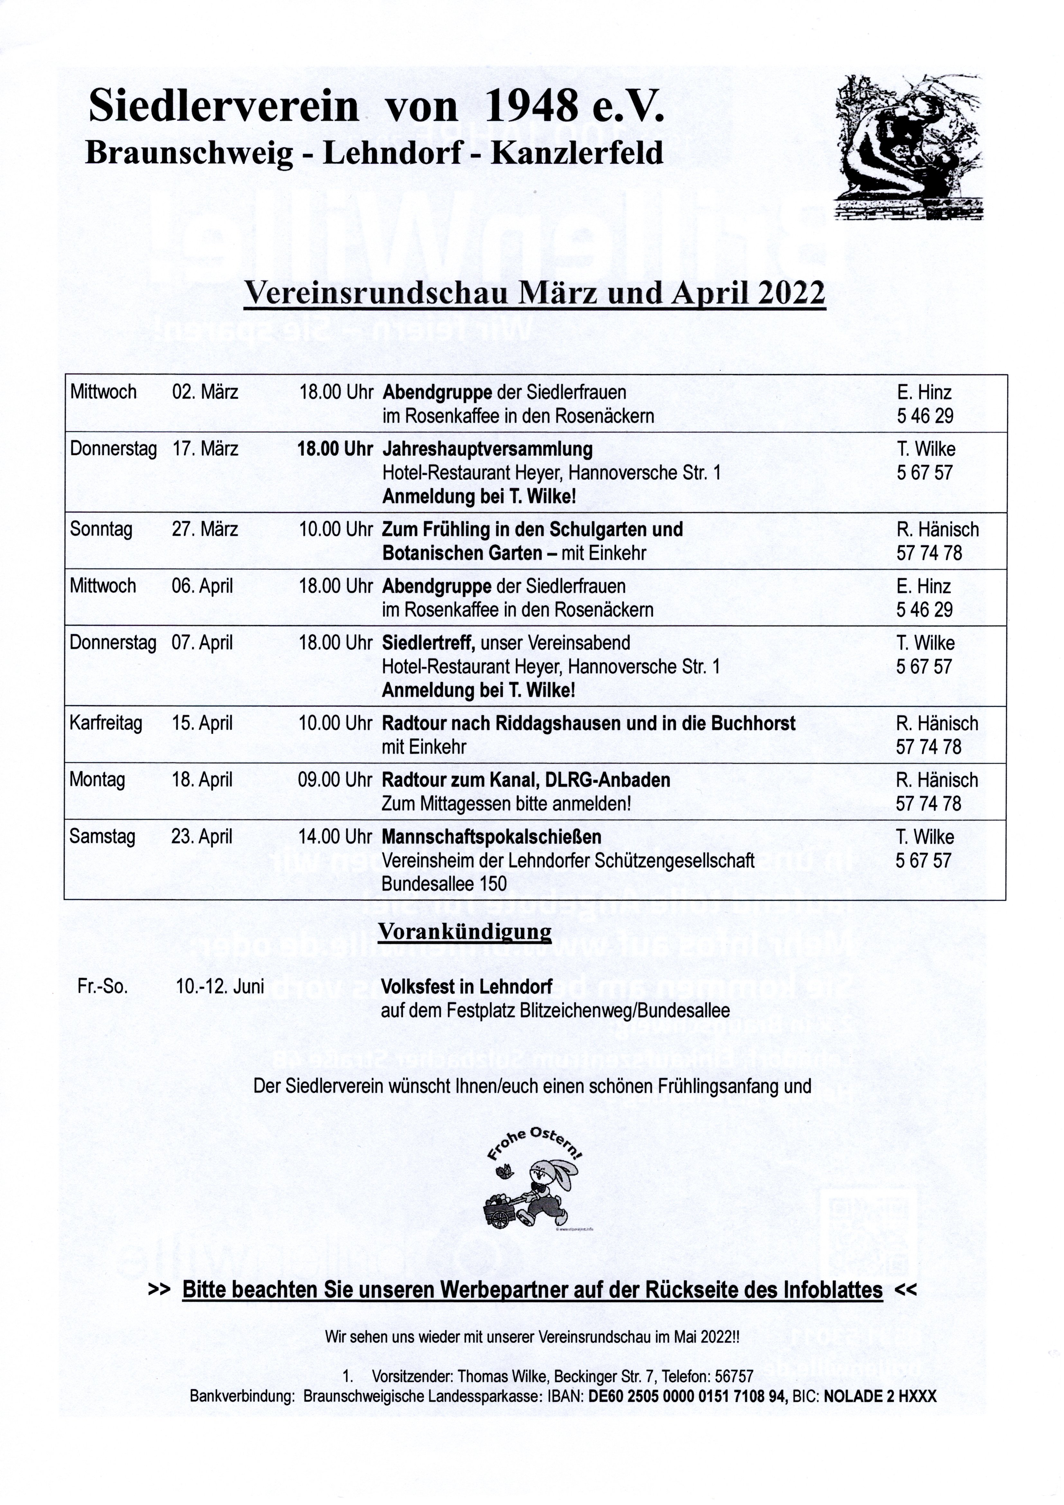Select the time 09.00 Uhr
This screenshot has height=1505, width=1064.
coord(335,780)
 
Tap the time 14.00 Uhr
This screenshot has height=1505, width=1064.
coord(335,837)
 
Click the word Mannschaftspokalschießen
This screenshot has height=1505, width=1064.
coord(491,837)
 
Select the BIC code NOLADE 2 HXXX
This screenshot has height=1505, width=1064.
coord(880,1396)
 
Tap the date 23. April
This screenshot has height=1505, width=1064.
coord(202,837)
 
